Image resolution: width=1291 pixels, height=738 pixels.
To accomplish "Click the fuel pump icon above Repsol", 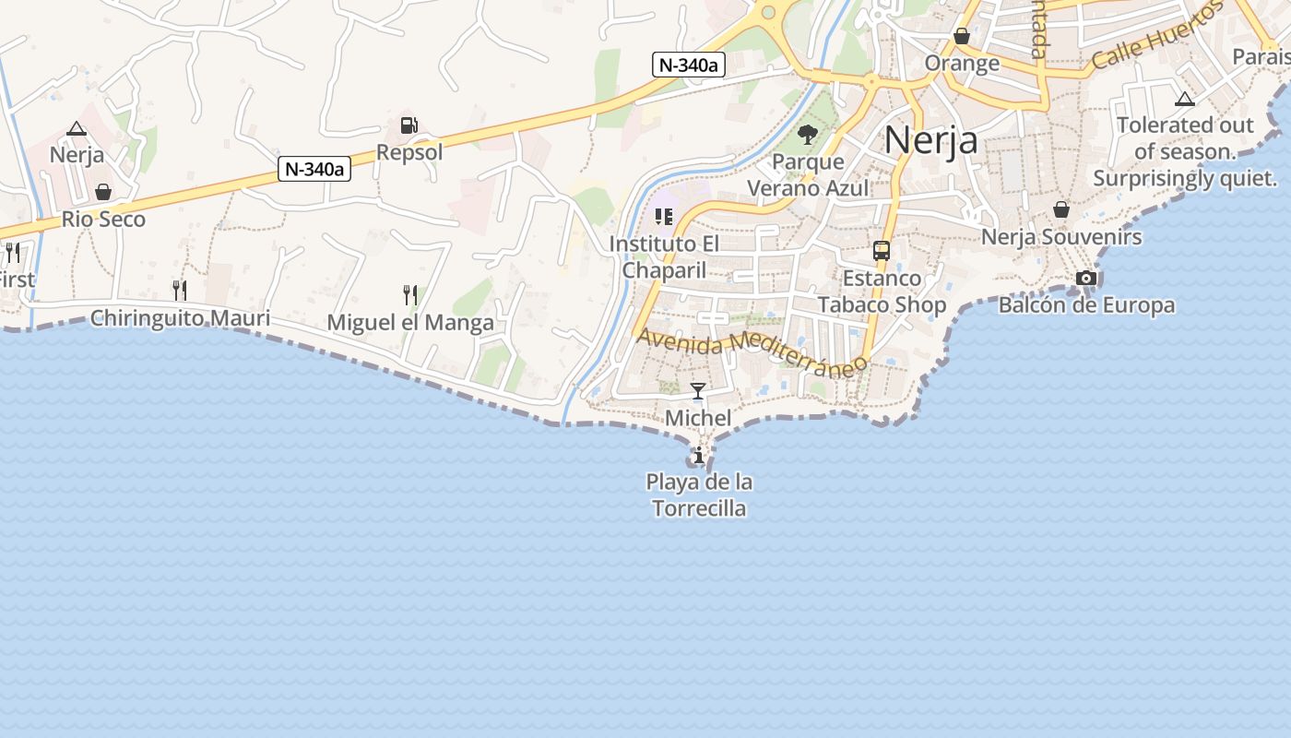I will (409, 125).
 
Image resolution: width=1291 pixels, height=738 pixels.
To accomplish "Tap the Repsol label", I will (409, 152).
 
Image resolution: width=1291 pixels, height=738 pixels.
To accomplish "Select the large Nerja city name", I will (930, 140).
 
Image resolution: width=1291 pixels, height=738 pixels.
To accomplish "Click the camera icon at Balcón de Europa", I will (1086, 278).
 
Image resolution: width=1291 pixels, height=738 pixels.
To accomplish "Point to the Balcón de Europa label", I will (1086, 304).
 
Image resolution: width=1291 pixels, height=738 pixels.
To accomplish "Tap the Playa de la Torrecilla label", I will (699, 494).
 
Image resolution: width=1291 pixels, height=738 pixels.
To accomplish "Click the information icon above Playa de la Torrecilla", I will (699, 455).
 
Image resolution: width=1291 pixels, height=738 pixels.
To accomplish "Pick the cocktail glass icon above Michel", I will (698, 391).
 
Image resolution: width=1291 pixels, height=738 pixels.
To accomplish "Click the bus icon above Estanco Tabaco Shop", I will (882, 251).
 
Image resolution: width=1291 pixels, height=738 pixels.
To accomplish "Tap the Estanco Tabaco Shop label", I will (882, 291).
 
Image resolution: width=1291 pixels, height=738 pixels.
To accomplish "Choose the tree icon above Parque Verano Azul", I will (808, 135).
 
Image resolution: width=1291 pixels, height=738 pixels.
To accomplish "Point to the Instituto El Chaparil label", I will (664, 256).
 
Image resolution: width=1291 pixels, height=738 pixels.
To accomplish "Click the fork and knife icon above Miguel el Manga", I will (410, 295).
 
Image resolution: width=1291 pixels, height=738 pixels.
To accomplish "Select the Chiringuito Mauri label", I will (180, 318).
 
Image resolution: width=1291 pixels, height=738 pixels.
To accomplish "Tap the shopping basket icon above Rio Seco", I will (103, 192).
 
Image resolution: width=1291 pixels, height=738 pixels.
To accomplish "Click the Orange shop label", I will (962, 63).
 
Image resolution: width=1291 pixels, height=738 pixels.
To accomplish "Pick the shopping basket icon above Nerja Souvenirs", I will (1061, 209).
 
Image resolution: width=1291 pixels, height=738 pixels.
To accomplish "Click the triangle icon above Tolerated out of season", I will (1185, 99).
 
